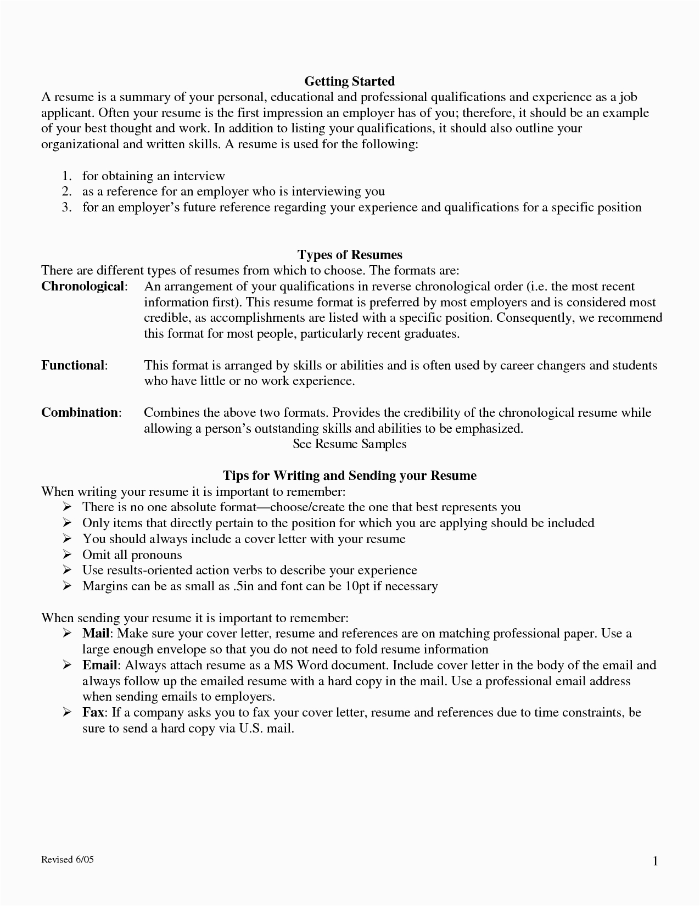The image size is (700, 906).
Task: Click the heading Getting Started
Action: (x=350, y=81)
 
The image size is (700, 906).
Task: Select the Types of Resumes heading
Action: (x=350, y=255)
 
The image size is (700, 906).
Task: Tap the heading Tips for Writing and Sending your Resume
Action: (x=350, y=476)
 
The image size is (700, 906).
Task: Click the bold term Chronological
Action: (x=83, y=287)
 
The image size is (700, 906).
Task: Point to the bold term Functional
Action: (x=73, y=366)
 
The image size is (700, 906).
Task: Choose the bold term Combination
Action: (x=80, y=413)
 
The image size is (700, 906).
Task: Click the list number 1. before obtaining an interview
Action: (x=67, y=176)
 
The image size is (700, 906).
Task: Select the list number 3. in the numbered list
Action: (x=67, y=208)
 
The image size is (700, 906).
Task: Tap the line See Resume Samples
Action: (x=350, y=444)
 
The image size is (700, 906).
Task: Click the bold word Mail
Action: (x=96, y=634)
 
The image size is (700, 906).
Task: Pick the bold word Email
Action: (x=99, y=665)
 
